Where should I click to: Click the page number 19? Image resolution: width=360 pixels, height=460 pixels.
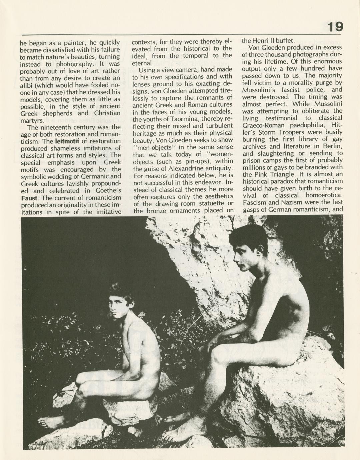pyautogui.click(x=334, y=27)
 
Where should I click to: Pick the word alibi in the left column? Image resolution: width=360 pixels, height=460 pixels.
pyautogui.click(x=26, y=85)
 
